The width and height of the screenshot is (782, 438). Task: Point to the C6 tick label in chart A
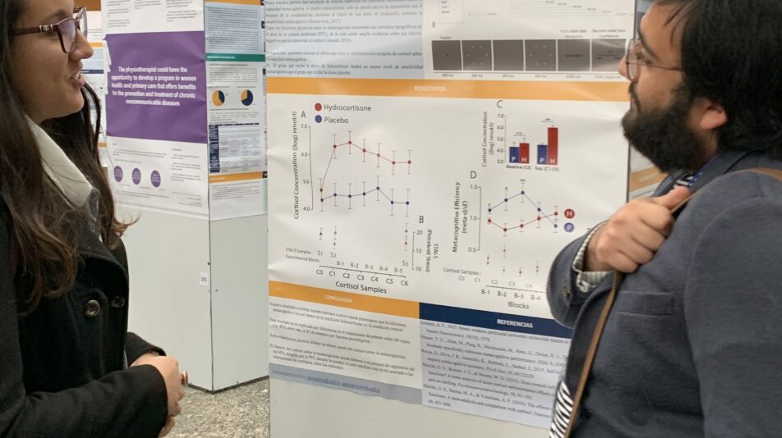point(403,281)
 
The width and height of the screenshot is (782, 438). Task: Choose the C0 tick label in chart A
point(320,271)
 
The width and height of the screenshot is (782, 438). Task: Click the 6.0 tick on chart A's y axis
point(305,154)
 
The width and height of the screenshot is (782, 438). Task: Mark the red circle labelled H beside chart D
point(569,213)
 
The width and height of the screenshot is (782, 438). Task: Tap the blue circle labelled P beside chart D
point(568,226)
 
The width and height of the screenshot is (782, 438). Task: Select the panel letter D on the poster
point(473,175)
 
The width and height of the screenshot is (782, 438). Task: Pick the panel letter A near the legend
point(303,114)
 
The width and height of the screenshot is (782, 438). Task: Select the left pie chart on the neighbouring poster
point(218,98)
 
